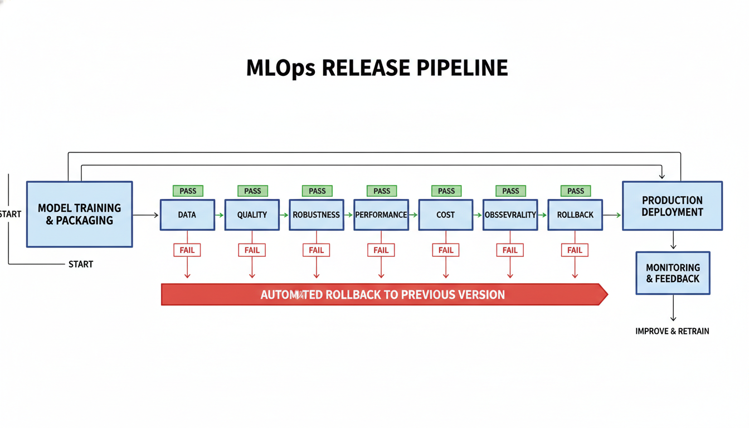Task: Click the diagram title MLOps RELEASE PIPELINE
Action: coord(377,68)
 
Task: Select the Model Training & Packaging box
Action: coord(79,214)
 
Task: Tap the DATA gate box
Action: coord(187,215)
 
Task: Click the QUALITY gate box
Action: coord(252,215)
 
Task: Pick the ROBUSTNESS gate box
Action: coord(317,215)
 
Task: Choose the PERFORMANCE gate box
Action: coord(381,215)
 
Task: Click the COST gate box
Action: coord(446,215)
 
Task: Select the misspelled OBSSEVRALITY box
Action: coord(510,215)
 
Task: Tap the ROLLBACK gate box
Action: coord(575,215)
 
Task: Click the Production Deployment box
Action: coord(672,206)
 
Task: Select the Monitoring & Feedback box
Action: coord(673,273)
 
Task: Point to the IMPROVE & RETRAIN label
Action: coord(672,331)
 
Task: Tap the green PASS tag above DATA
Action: coord(188,191)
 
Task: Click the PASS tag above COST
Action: coord(446,191)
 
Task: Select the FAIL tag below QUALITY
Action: coord(252,250)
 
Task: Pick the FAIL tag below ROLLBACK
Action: coord(575,250)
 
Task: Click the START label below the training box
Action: coord(81,264)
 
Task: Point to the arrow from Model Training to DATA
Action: coord(146,215)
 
